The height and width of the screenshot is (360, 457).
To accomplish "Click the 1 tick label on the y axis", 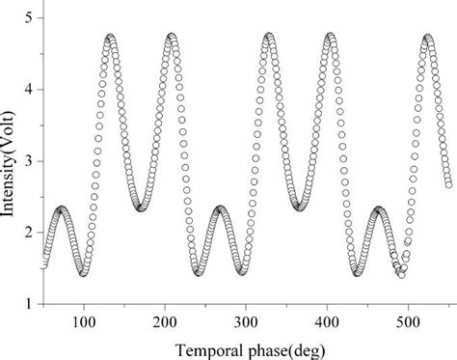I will point(32,304).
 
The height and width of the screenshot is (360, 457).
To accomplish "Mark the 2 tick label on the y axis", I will point(32,233).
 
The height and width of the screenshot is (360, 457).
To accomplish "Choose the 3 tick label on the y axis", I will point(32,161).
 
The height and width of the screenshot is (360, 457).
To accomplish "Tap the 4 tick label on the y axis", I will point(32,90).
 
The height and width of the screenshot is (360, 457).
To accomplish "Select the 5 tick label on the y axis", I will point(32,18).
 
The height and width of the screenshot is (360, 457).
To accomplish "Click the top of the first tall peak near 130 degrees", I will point(111,38).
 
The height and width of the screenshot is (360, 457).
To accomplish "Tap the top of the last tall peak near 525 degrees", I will point(427,38).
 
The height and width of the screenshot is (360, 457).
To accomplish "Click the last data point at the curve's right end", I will point(448,184).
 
